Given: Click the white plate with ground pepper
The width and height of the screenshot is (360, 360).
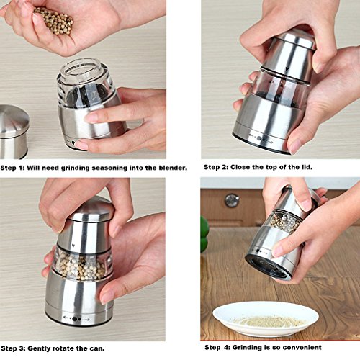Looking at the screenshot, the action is click(266, 319).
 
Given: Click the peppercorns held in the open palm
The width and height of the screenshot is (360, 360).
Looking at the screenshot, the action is click(54, 20).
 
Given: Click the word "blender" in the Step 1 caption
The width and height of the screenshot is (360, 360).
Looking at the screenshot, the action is click(173, 168).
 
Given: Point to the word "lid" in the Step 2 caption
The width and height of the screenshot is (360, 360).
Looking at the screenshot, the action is click(307, 167).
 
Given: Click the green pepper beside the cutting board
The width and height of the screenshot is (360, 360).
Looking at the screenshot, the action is click(204, 234).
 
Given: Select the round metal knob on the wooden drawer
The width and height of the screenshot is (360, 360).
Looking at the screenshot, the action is click(232, 201).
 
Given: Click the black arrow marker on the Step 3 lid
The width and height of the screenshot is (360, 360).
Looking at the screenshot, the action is click(73, 246).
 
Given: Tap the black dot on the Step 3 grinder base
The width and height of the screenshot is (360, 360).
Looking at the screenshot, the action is click(75, 319).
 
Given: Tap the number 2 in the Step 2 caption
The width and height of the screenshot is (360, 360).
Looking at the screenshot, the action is click(225, 167).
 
